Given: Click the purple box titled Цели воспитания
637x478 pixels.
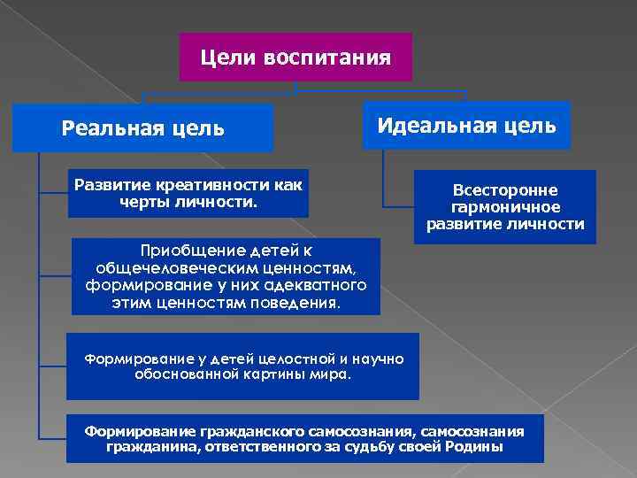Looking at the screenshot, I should tap(295, 58).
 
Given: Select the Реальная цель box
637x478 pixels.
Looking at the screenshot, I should tap(142, 128).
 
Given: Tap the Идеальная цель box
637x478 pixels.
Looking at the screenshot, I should tap(467, 125).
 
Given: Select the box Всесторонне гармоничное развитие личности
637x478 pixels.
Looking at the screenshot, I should tap(505, 207).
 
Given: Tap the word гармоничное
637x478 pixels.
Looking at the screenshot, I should tap(505, 207).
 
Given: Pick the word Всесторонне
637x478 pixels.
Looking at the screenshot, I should tap(505, 190).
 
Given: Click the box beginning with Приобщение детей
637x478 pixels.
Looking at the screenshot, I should tap(226, 276).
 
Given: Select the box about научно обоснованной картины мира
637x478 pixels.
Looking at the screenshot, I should tap(242, 366).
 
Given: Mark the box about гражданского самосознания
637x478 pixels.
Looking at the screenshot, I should tap(304, 438).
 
